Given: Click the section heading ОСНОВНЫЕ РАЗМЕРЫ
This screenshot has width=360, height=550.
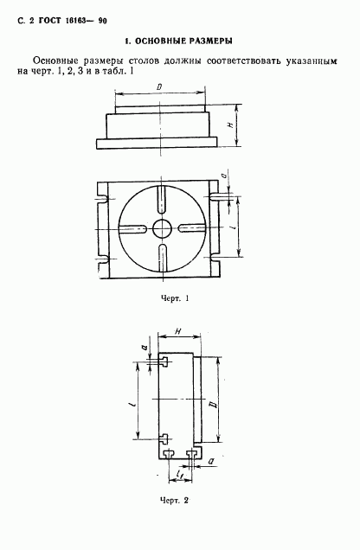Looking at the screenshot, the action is (183, 42).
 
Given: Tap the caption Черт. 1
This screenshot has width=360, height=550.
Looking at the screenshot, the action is (175, 299).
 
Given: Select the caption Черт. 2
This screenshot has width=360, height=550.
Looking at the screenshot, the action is (175, 501).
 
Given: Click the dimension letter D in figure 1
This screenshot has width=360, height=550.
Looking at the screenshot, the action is (159, 87).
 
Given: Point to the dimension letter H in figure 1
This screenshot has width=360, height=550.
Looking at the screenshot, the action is (230, 125).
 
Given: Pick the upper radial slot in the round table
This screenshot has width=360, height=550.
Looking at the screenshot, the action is (162, 199).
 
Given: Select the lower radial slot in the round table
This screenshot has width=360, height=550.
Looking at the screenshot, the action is (162, 259).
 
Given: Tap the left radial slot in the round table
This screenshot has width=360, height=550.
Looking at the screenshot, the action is (133, 228).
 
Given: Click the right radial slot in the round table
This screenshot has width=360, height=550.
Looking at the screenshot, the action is (191, 228).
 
